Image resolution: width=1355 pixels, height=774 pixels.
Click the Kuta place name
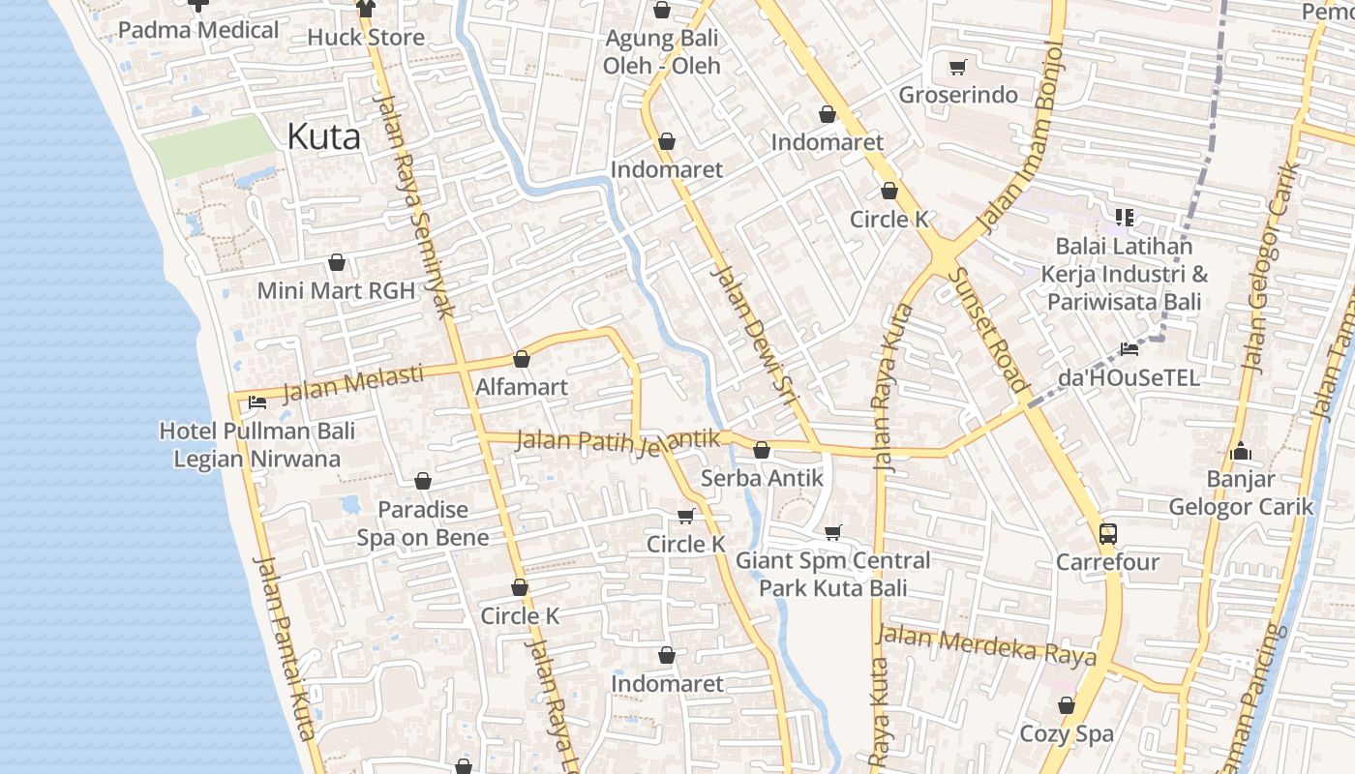point(323,136)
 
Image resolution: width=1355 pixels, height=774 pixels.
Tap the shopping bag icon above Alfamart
point(522,360)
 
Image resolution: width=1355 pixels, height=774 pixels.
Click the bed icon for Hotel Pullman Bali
point(256,402)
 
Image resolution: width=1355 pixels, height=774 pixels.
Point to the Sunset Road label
point(986,329)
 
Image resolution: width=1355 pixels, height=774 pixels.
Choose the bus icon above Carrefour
point(1107,533)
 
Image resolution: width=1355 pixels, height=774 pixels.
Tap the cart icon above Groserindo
point(958,67)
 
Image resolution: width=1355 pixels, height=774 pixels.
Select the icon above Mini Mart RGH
point(337,262)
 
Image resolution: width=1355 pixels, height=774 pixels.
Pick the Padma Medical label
point(198,30)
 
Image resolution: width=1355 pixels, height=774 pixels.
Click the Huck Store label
point(366,38)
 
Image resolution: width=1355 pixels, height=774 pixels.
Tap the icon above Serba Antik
point(762,450)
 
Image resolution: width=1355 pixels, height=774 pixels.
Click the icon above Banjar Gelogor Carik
point(1241,451)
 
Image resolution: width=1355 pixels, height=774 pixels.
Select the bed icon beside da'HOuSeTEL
point(1129,349)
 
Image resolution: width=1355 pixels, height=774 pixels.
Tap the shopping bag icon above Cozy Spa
point(1067,706)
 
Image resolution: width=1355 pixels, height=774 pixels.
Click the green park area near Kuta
point(208,145)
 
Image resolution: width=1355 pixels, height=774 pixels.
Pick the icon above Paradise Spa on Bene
point(423,481)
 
